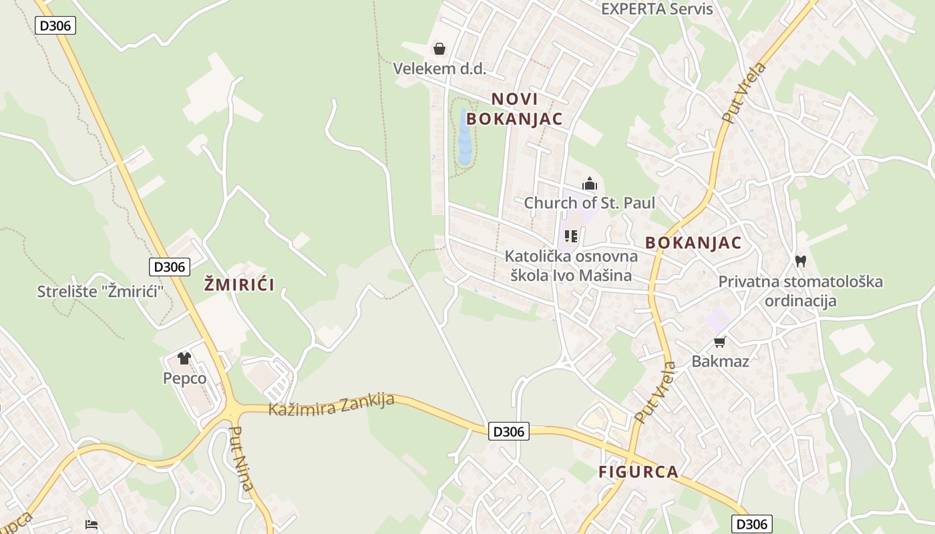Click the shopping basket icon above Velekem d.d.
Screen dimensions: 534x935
[x=439, y=49]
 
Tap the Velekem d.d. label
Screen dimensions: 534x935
[x=439, y=69]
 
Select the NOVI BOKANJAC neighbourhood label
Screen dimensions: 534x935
[x=514, y=109]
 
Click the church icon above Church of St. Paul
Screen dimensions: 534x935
[x=590, y=184]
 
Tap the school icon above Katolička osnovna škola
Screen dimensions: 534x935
[x=571, y=236]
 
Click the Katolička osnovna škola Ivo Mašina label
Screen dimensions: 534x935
[x=571, y=266]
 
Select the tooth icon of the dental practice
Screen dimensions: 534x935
[x=801, y=261]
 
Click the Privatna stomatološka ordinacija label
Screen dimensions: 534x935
[x=800, y=291]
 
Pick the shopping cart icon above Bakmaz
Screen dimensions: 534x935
[x=720, y=342]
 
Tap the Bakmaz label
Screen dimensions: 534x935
[x=720, y=362]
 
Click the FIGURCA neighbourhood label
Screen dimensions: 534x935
[x=638, y=472]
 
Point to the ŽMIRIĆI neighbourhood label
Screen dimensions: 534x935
[x=239, y=285]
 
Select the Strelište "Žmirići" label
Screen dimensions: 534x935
[x=100, y=292]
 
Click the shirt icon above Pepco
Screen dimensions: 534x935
[x=184, y=358]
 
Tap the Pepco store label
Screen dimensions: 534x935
[x=184, y=378]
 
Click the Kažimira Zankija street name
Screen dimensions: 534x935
[x=331, y=405]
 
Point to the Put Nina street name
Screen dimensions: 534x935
[x=241, y=459]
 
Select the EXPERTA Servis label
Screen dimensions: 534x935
[x=657, y=9]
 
